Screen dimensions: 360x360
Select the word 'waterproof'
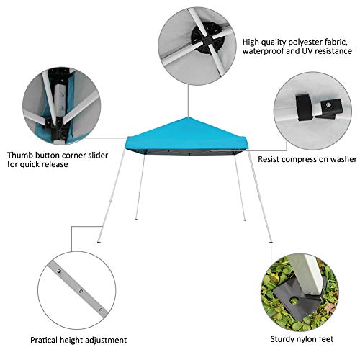coord(265,52)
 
